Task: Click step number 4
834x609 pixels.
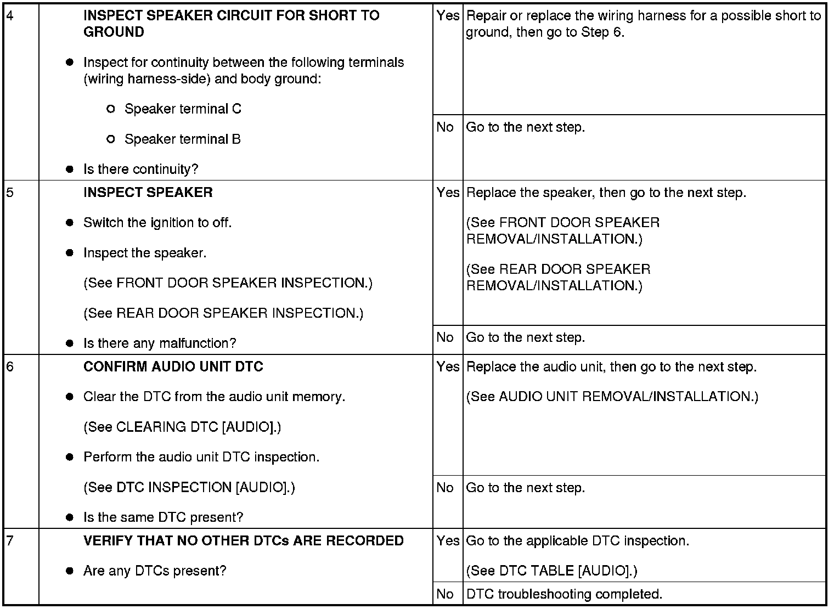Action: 10,15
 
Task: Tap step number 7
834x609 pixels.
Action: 10,541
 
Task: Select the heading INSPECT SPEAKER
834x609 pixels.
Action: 148,193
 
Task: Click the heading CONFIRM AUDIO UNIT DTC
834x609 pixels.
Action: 173,366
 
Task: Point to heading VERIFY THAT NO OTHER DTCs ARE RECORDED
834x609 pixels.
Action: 244,541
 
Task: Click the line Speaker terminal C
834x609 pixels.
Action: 183,109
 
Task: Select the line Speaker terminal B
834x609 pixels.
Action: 183,139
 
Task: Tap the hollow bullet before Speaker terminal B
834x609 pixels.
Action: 111,139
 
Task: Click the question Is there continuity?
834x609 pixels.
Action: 141,170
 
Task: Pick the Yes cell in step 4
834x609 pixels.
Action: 448,16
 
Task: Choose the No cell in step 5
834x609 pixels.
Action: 445,337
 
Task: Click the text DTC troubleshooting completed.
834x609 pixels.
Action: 564,594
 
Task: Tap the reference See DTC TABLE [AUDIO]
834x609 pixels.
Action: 551,571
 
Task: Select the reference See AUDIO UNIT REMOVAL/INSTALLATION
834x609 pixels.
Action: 612,397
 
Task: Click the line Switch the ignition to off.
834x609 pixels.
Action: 157,223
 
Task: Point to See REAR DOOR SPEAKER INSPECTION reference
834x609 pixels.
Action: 223,313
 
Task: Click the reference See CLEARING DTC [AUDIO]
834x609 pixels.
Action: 182,427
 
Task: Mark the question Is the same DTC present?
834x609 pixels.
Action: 164,517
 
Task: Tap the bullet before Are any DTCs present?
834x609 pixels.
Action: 70,571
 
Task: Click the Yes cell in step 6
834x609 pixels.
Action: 448,367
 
